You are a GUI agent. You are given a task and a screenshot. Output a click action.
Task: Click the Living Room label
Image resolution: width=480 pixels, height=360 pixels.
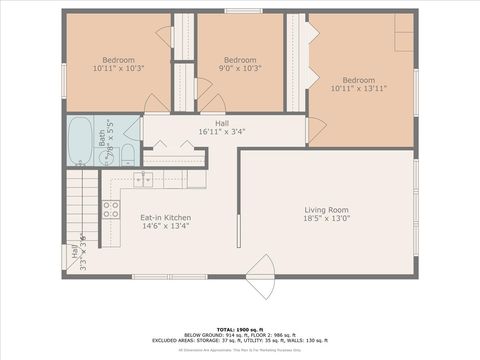pos(327,209)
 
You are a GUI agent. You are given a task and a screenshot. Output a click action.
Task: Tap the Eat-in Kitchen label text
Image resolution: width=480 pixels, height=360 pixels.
pos(165,217)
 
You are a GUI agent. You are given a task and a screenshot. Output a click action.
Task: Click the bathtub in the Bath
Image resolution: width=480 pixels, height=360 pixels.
pos(81,141)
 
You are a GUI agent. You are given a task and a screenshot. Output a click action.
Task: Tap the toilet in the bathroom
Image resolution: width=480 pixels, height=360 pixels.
pos(128,153)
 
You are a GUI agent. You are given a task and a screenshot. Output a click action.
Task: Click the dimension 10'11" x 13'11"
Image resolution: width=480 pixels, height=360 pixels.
pos(358,89)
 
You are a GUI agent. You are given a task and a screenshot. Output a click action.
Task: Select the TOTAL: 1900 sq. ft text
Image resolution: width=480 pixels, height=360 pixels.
pos(239,328)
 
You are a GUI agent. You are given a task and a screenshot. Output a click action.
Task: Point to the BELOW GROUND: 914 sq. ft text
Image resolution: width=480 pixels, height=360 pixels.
pos(209,335)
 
